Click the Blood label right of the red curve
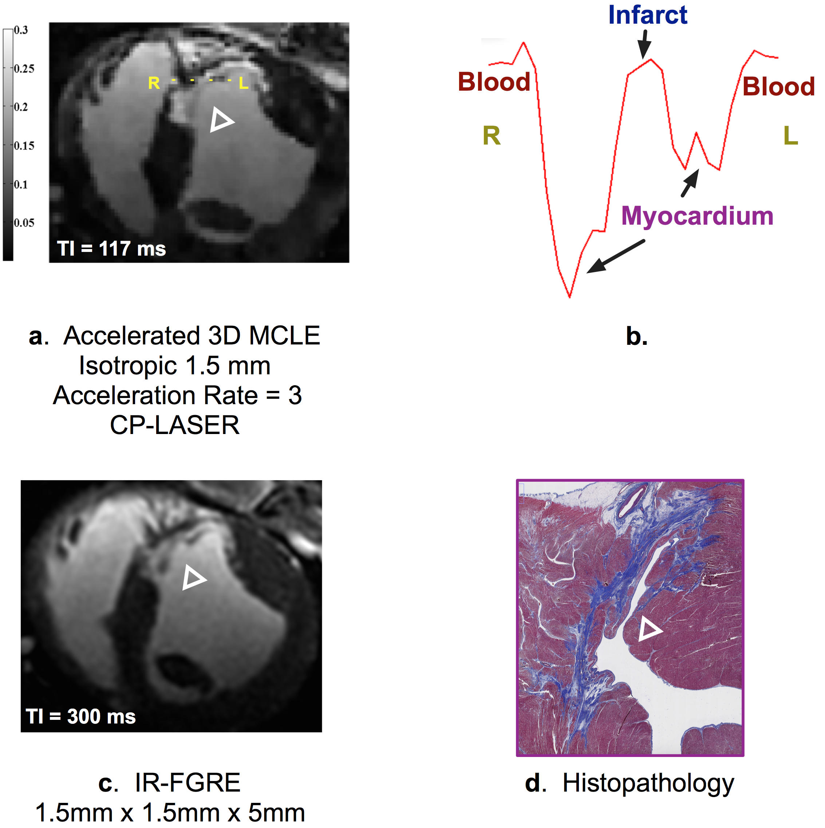pos(778,87)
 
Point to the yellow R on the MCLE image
pos(154,83)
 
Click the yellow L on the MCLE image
pos(244,83)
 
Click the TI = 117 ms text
pos(111,249)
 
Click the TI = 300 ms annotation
pos(80,716)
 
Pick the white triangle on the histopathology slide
pos(649,630)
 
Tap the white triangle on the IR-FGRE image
pos(193,578)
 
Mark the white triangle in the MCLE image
pos(221,120)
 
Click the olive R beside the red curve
pos(492,136)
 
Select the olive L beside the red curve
pos(791,136)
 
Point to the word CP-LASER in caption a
pos(174,425)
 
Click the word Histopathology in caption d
pos(648,782)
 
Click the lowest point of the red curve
pos(569,296)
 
